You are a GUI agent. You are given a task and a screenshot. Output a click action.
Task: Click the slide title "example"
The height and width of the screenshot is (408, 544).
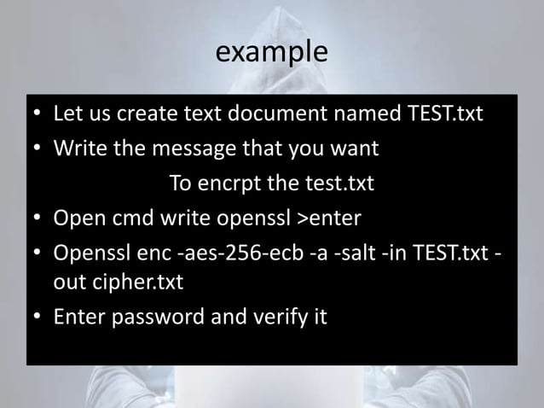271,52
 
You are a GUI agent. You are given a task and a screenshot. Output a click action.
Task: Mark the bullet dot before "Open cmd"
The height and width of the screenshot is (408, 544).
39,219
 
